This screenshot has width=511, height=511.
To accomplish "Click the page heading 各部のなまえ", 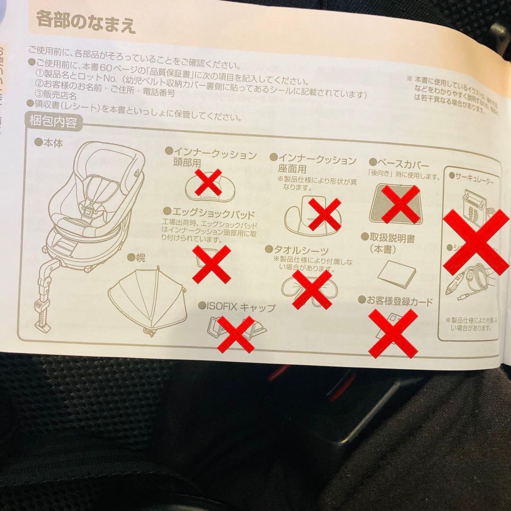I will pyautogui.click(x=86, y=23).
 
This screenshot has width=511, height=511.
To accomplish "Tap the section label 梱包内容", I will pyautogui.click(x=53, y=123).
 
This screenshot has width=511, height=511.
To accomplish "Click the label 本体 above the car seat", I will pyautogui.click(x=52, y=141).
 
